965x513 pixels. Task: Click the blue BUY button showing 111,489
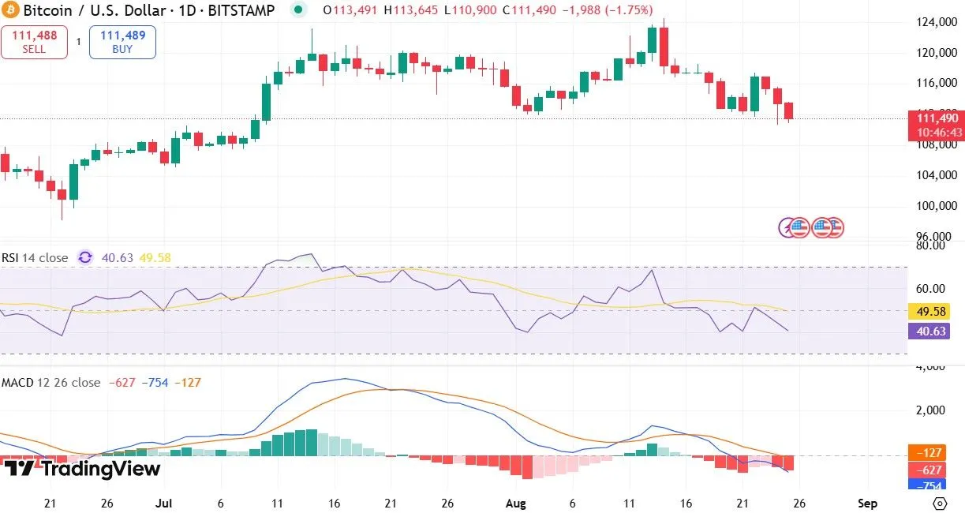tap(122, 42)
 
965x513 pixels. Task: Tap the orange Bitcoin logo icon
tap(10, 10)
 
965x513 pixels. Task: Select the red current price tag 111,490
tap(937, 125)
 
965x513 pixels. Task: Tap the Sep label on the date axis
tap(867, 503)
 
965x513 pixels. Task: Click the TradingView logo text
tap(82, 469)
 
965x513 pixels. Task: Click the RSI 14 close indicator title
tap(35, 257)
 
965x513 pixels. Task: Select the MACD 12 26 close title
tap(50, 382)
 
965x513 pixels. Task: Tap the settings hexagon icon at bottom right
tap(939, 503)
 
